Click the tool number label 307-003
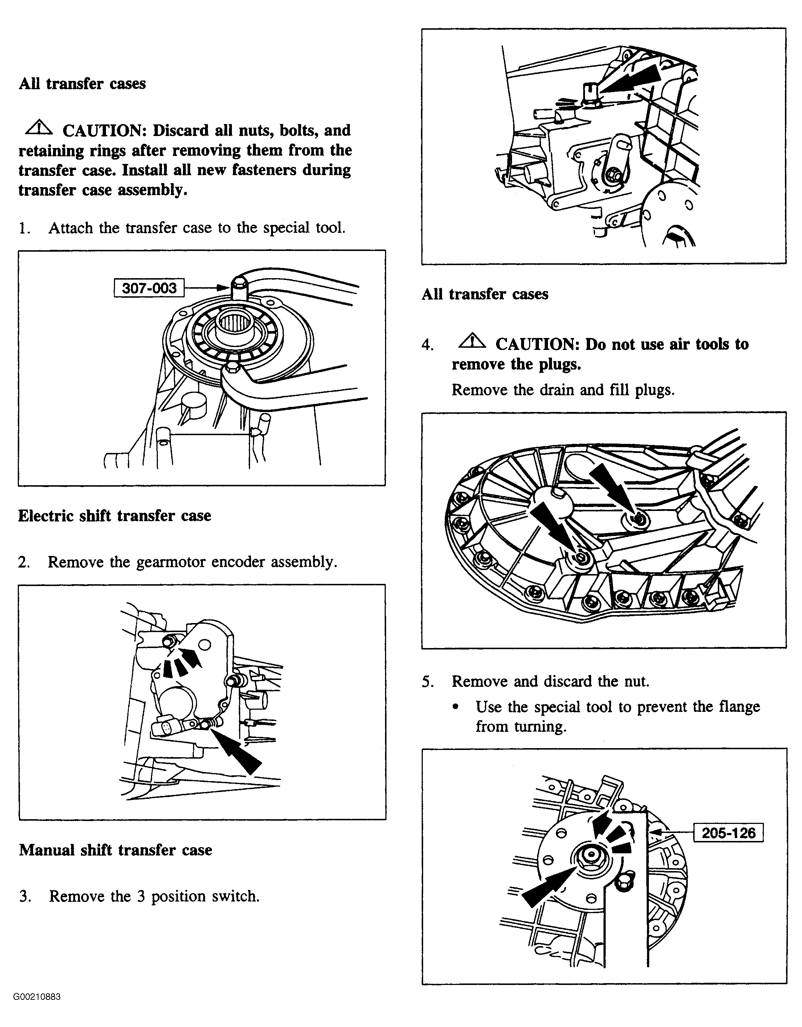(149, 288)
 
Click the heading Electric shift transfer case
(114, 515)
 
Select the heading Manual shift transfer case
(115, 850)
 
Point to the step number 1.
(24, 228)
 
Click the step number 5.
(427, 681)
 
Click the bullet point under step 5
(455, 707)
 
